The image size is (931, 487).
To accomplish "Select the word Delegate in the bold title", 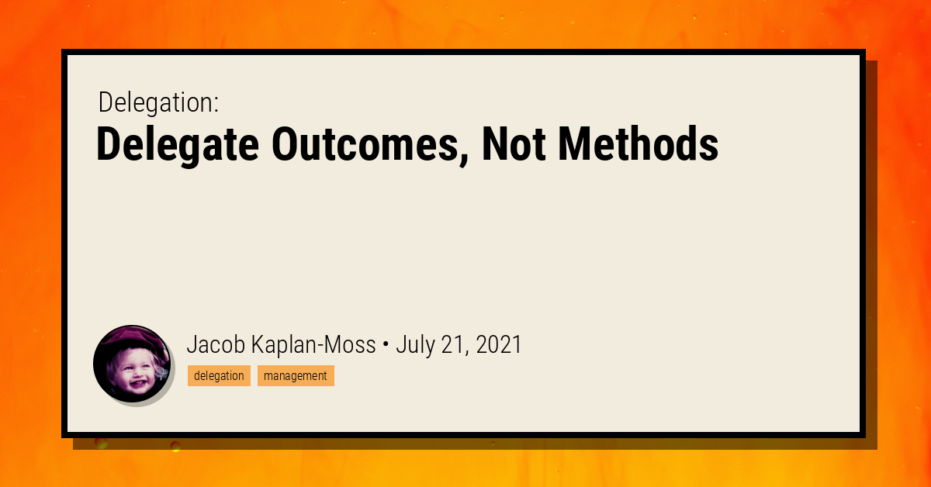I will point(176,144).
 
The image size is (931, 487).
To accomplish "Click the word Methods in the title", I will point(639,144).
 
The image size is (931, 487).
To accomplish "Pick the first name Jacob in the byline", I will point(215,345).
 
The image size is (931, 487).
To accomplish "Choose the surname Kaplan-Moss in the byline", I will point(313,345).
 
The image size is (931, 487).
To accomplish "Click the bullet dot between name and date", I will point(386,346).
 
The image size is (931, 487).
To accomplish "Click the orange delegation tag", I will point(219,376).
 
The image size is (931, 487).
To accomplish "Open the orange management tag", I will point(296,376).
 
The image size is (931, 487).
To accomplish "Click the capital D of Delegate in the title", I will point(109,144).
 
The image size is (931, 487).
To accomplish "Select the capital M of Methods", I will point(574,144).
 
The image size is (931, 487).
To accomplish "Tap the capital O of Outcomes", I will point(285,144).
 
